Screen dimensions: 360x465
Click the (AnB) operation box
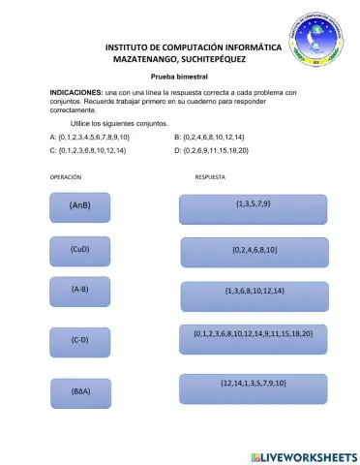click(x=80, y=207)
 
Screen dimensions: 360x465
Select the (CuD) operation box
click(x=80, y=250)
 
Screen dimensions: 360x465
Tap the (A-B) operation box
click(x=80, y=291)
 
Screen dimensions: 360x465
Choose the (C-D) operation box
click(x=80, y=341)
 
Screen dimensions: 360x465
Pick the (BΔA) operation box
click(x=80, y=392)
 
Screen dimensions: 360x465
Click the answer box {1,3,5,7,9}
click(x=253, y=208)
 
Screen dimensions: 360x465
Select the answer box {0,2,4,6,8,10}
click(x=255, y=251)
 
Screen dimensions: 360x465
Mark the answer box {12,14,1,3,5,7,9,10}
click(x=254, y=387)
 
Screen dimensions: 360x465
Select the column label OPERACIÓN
click(x=66, y=178)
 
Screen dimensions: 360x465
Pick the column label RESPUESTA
click(x=210, y=178)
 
